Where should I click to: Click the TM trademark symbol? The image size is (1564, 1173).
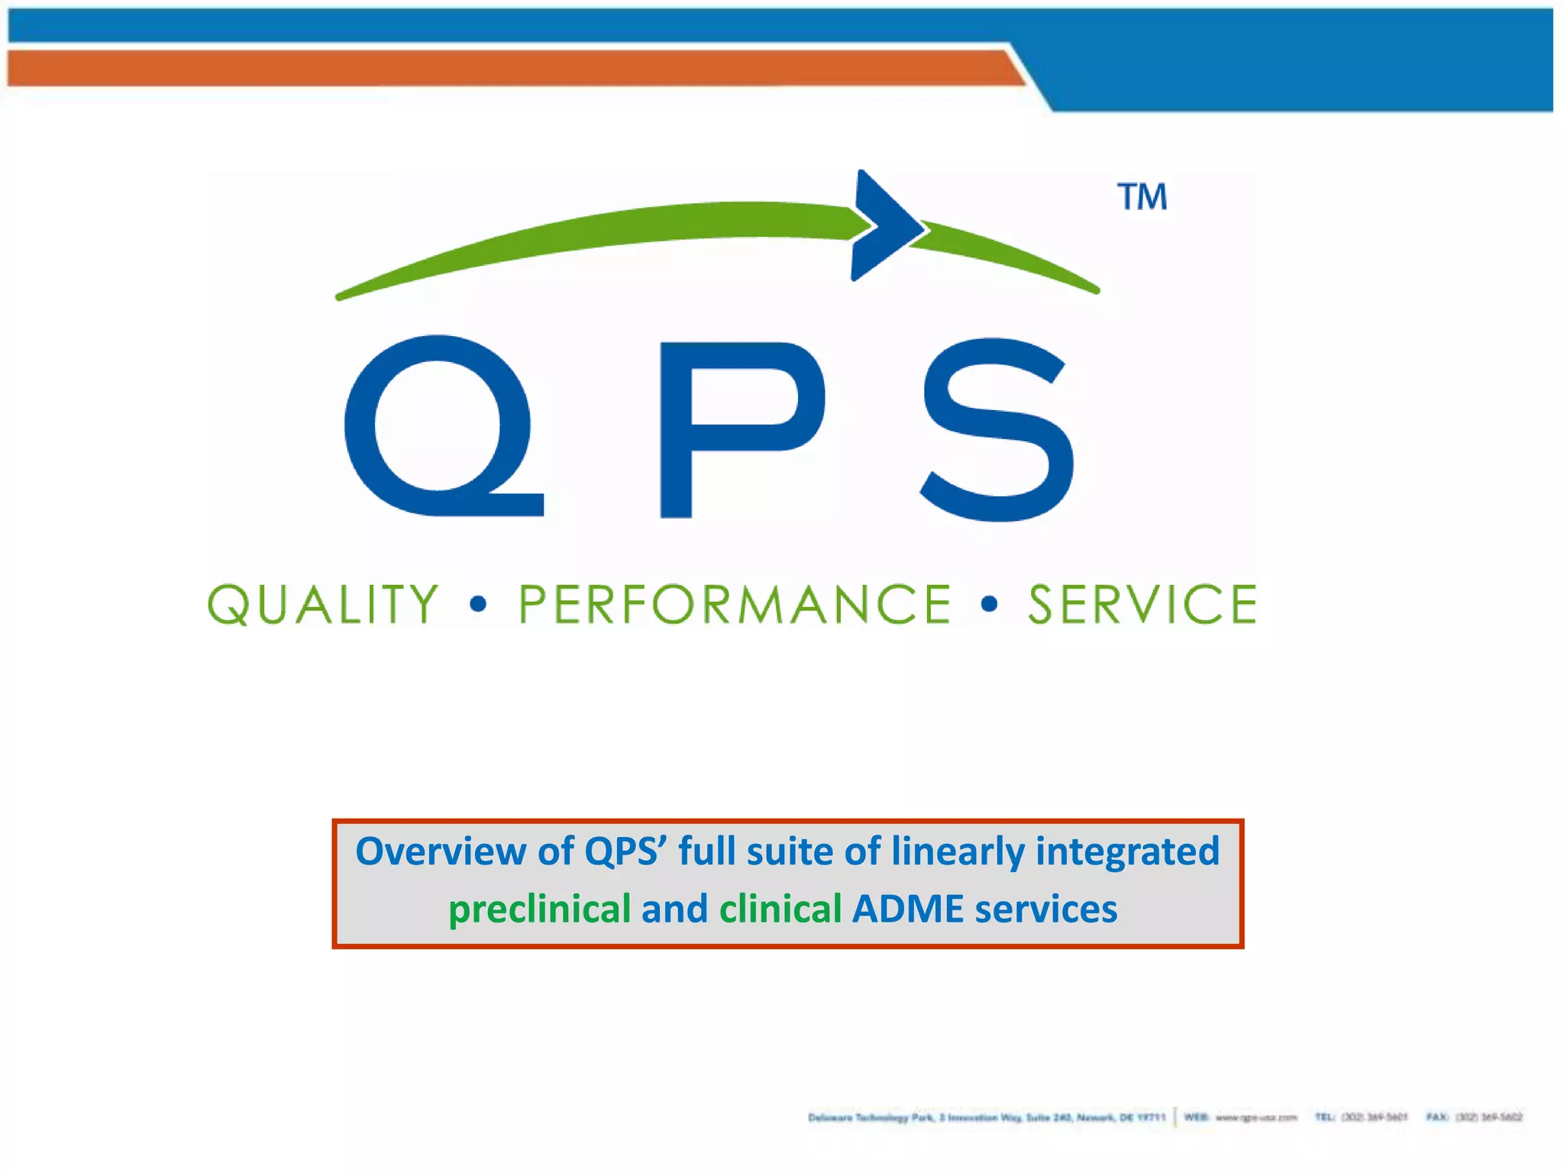[x=1142, y=197]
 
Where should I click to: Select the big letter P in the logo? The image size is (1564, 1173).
[x=737, y=428]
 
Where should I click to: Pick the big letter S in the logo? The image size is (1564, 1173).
[x=997, y=429]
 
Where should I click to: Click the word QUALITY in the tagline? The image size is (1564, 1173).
[x=324, y=605]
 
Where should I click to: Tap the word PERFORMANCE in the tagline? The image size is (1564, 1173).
[x=735, y=605]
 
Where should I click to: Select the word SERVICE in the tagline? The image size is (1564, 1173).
[x=1142, y=605]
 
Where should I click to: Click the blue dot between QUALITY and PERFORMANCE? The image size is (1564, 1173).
[x=478, y=605]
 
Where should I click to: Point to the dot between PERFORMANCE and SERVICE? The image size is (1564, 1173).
[x=989, y=605]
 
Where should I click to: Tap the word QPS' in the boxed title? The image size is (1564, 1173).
[x=625, y=851]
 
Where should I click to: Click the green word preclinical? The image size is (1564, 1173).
[x=539, y=910]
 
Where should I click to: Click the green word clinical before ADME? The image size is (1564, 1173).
[x=780, y=910]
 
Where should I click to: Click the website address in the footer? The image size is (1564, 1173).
[x=1255, y=1117]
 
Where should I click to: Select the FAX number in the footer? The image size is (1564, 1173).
[x=1488, y=1117]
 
